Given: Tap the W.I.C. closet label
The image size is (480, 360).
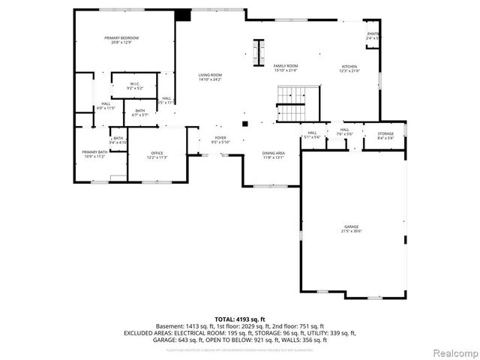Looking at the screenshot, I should coord(135,85).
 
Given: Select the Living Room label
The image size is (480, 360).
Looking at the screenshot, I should coord(210,77).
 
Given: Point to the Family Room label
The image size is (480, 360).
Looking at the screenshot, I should coord(285,67).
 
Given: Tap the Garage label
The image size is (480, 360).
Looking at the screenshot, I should coord(352,229).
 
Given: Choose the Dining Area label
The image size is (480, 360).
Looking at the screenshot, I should coord(273,155).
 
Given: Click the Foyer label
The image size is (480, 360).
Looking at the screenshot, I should coord(220,139).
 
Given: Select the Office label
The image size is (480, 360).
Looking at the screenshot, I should coord(156,155).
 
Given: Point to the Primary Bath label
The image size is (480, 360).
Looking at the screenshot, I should coord(94,154).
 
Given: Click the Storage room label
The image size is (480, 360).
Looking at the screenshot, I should coord(385,136).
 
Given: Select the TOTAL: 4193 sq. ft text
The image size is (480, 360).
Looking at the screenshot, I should coord(240,319).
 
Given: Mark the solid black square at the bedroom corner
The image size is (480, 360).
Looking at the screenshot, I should coord(182,14).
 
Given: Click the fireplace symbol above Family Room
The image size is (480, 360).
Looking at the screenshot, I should coord(259,51).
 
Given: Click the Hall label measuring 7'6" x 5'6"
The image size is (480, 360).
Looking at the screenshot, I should coord(344,131).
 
